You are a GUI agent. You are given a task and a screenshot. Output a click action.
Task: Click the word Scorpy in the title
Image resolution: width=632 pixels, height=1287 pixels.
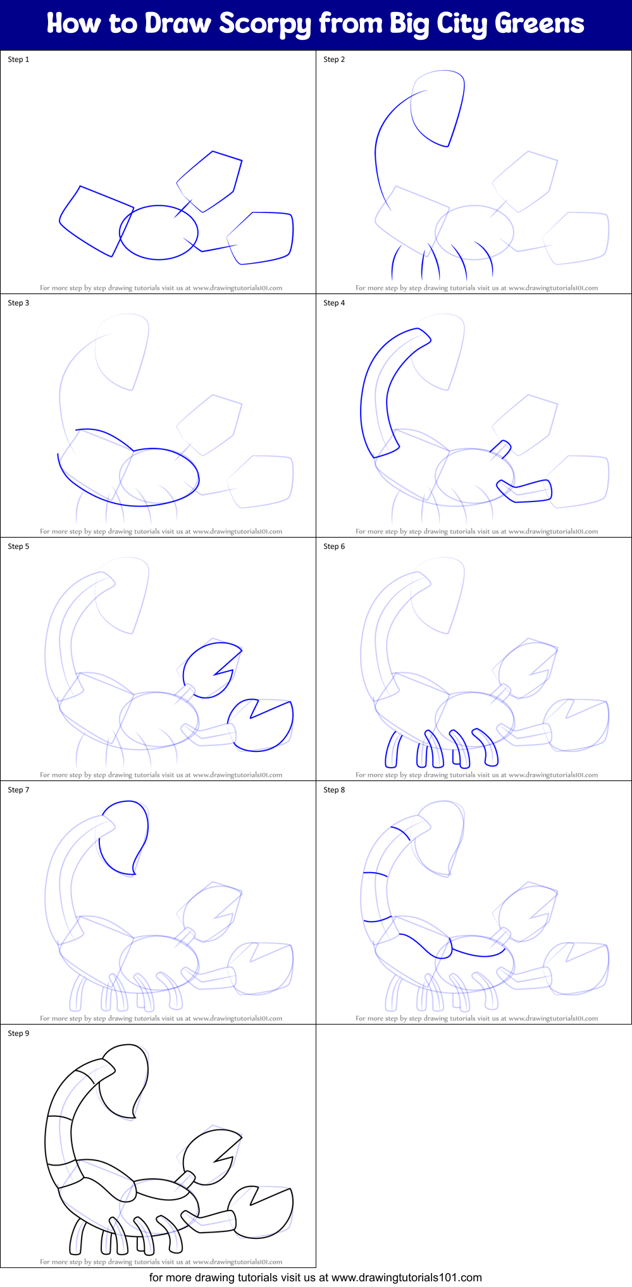coord(266,24)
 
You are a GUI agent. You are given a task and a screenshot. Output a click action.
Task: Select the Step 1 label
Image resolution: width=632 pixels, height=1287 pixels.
coord(18,59)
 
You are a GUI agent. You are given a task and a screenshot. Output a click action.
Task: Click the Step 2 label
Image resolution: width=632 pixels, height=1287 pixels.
coord(334,59)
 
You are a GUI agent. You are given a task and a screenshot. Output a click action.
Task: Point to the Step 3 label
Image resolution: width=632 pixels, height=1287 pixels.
coord(18,303)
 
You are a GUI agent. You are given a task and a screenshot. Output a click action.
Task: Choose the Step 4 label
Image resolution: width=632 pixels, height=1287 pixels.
coord(334,303)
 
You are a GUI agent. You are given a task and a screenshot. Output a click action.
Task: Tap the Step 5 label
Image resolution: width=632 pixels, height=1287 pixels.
coord(18,546)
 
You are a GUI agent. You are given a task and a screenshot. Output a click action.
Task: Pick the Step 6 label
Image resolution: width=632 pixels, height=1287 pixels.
coord(334,546)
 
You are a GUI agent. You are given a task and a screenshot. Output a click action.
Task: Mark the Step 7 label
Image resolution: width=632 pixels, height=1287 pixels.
coord(18,790)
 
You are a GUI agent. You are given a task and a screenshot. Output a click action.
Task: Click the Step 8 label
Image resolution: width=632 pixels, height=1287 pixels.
coord(334,790)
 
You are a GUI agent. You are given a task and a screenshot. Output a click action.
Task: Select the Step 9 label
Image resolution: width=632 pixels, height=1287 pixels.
coord(18,1033)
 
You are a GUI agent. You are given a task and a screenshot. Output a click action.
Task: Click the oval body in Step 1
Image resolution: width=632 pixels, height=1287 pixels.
coord(159,232)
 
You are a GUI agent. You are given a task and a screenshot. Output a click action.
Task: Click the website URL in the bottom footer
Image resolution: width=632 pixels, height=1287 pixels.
coord(406,1278)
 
